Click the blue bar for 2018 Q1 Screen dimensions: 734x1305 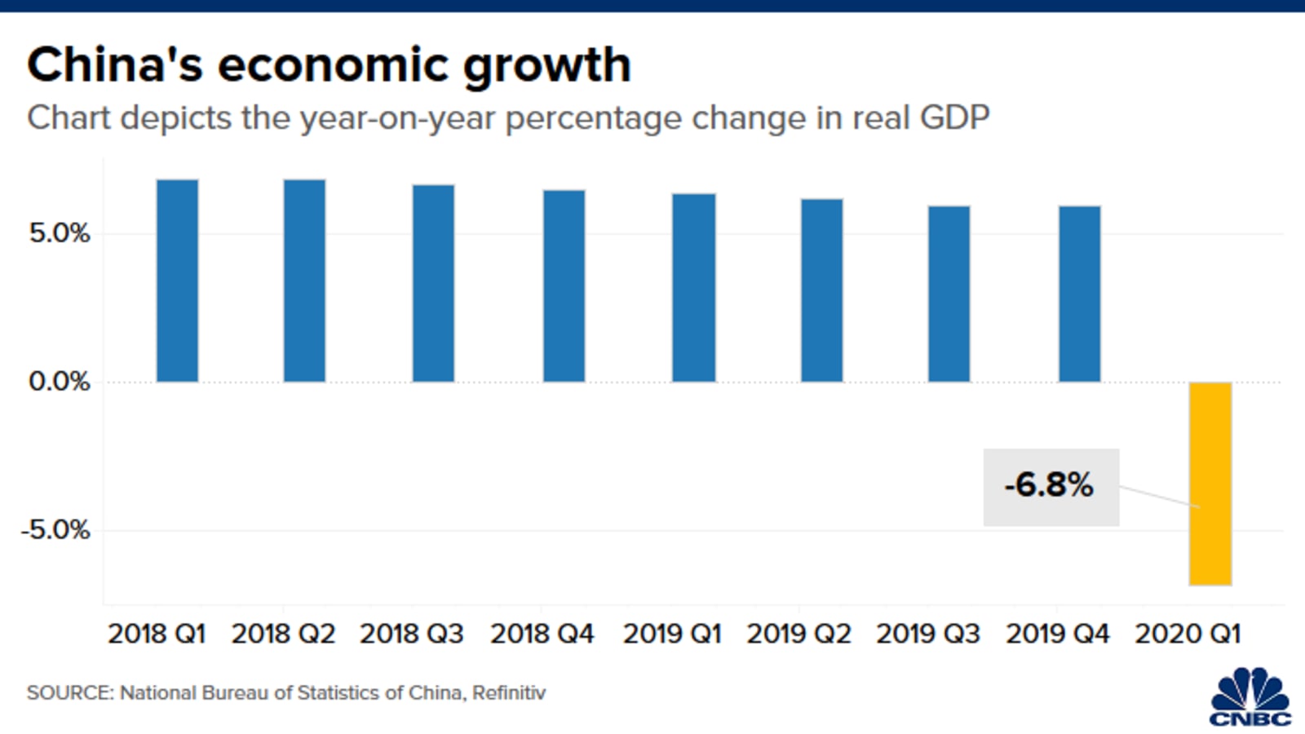point(177,281)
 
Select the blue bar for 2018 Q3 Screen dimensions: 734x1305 point(433,283)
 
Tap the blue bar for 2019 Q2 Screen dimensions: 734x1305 point(821,290)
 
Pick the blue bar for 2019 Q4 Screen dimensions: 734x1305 point(1079,294)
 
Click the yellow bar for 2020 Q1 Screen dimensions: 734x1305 point(1210,483)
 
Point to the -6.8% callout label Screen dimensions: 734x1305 point(1051,487)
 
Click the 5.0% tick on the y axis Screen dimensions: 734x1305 point(60,234)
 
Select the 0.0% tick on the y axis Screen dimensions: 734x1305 point(60,382)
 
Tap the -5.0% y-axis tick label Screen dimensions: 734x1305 point(55,530)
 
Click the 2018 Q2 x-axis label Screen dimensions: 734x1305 point(283,634)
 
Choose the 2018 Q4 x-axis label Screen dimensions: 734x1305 point(542,634)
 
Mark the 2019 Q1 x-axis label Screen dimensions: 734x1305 point(672,634)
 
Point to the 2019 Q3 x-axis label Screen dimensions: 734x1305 point(928,634)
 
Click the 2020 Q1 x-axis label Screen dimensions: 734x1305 point(1188,634)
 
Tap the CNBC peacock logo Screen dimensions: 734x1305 point(1250,697)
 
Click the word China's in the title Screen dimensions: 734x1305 point(114,65)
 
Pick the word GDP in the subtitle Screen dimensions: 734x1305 point(954,118)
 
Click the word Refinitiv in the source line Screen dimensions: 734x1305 point(509,693)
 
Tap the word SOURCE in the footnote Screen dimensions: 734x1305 point(70,693)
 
